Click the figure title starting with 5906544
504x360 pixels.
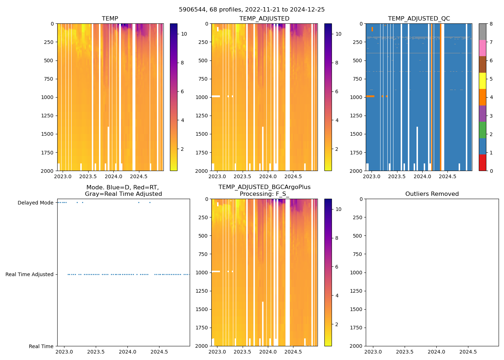click(x=252, y=10)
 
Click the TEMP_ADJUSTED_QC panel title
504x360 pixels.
click(x=419, y=18)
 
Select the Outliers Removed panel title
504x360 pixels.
click(x=432, y=194)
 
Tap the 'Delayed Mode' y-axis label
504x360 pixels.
click(x=35, y=203)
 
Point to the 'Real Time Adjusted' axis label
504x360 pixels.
click(x=29, y=274)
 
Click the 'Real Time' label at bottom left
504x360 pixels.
click(x=41, y=346)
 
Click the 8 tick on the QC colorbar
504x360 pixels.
click(x=491, y=24)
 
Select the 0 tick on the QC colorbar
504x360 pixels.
click(x=491, y=171)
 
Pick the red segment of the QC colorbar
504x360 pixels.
click(x=482, y=163)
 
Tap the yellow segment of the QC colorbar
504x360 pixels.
click(x=482, y=81)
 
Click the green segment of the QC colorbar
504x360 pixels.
click(x=482, y=130)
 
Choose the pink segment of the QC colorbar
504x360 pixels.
click(x=482, y=48)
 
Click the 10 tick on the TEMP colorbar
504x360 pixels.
click(x=184, y=34)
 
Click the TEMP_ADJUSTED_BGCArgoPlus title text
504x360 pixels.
click(x=264, y=187)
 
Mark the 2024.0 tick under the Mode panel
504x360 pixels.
click(x=127, y=352)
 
